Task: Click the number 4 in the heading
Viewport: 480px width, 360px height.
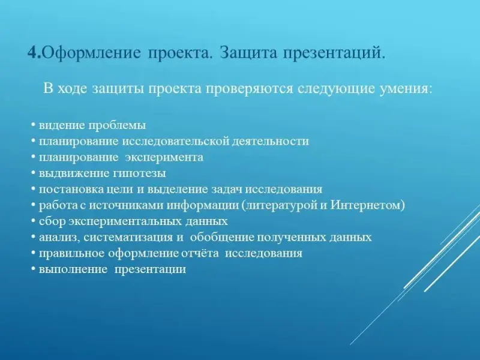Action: (x=33, y=52)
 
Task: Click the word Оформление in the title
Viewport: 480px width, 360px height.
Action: (x=92, y=53)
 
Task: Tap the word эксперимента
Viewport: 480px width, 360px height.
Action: (x=164, y=158)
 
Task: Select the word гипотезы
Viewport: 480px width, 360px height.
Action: (x=140, y=173)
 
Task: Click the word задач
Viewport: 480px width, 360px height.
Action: (x=227, y=190)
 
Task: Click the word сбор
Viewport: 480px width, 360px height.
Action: (x=52, y=221)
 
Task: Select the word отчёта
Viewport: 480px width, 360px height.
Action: (x=200, y=253)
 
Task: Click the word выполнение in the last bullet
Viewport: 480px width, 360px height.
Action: (x=73, y=269)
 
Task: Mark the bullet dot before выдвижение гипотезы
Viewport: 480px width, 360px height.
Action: (x=33, y=173)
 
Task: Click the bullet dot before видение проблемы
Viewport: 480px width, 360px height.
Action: (x=33, y=125)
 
